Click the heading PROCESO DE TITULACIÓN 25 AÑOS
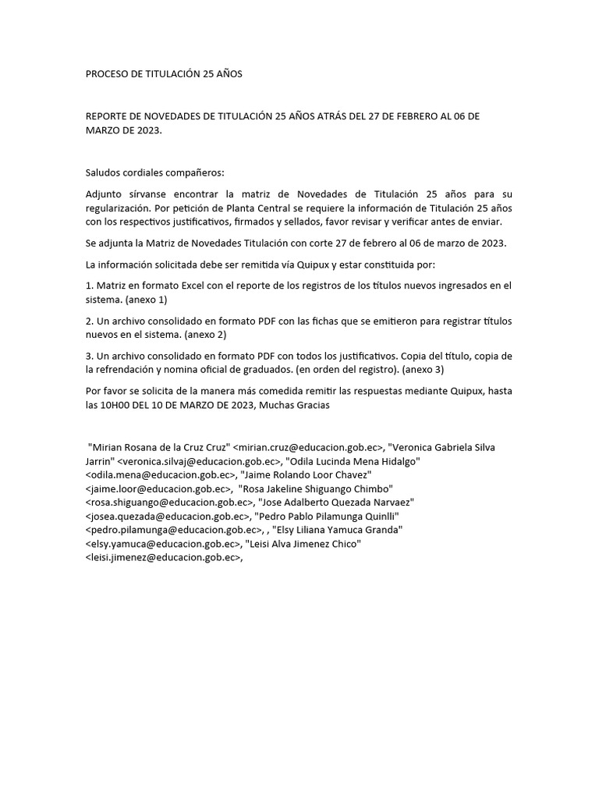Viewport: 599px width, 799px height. click(164, 74)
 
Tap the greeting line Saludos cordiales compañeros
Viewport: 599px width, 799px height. click(154, 172)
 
